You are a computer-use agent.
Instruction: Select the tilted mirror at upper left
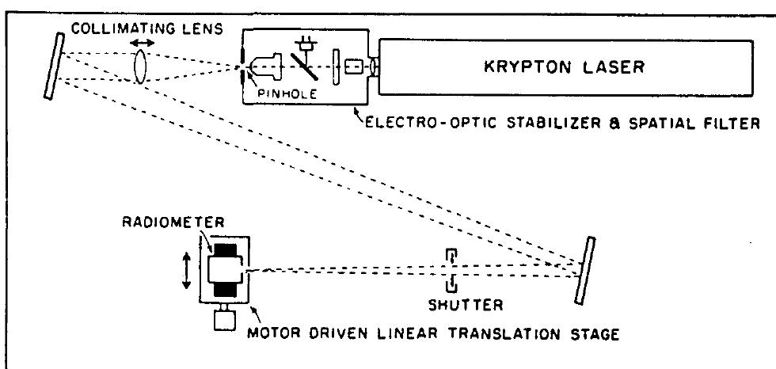(53, 64)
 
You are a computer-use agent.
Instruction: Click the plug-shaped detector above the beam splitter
(304, 40)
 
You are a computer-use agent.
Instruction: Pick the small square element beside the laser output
(358, 67)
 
